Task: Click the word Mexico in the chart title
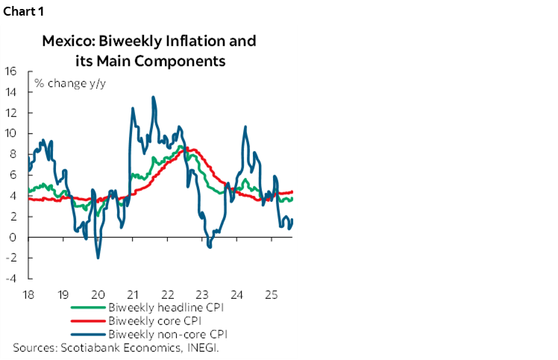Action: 67,41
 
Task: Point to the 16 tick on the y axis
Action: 11,72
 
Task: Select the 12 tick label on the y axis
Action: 11,113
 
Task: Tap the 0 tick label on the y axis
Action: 14,238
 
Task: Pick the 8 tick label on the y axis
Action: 14,155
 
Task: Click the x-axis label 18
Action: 28,293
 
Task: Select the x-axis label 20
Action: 98,293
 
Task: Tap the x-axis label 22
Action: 168,293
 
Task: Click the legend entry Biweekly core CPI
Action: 156,320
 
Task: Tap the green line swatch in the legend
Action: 88,306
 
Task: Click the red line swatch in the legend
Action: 88,320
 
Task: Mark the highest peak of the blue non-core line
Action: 153,97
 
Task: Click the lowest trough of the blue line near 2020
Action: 98,258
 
